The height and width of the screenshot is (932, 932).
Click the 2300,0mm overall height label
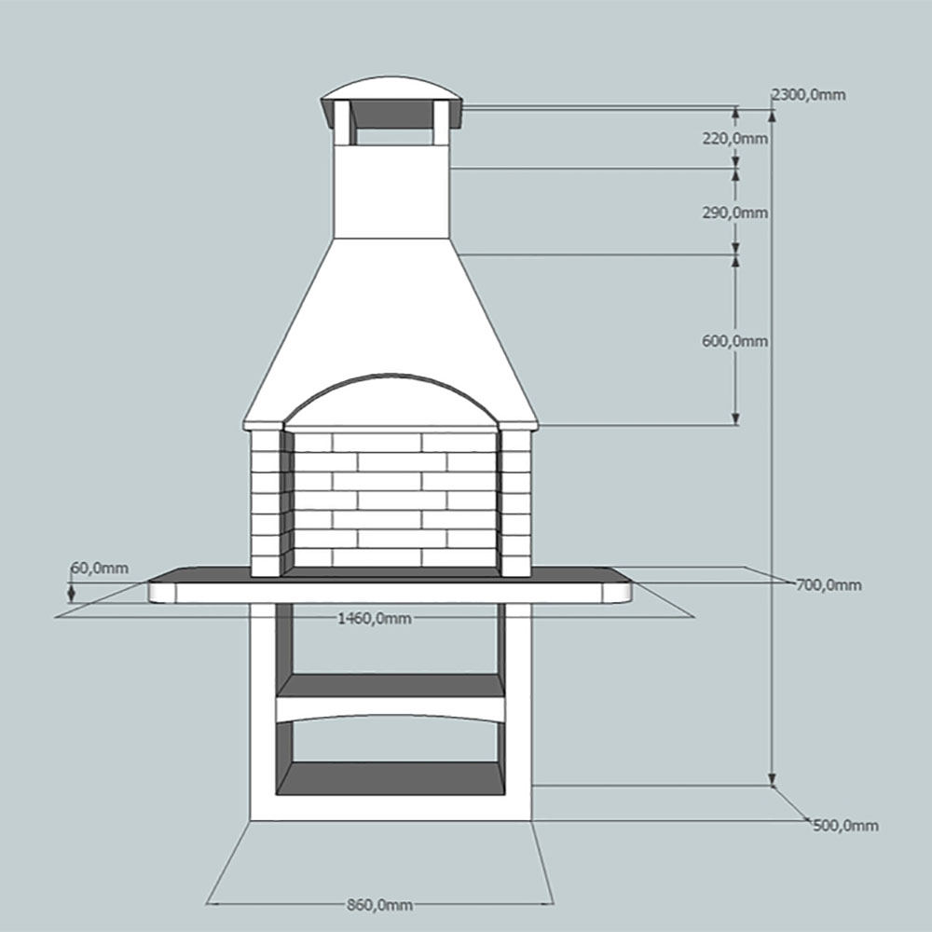point(808,94)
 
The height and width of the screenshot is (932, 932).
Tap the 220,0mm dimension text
point(734,139)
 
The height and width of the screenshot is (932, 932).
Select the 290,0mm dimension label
point(734,212)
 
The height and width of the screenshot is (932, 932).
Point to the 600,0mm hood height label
point(734,341)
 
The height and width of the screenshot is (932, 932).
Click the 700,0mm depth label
point(829,585)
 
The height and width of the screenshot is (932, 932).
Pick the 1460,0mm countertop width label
point(375,619)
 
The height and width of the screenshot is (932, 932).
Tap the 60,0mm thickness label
point(100,569)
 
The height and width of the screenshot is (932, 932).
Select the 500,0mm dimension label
point(845,826)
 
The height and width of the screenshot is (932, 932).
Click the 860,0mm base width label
point(380,905)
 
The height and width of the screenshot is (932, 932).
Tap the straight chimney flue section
point(391,191)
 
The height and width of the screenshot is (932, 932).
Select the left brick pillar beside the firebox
point(266,503)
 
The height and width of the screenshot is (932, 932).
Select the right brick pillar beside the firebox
point(516,503)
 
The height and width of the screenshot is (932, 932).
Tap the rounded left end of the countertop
point(162,593)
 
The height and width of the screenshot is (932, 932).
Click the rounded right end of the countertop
point(617,593)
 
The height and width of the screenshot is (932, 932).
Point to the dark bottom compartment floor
point(391,778)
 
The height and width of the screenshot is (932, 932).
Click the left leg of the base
point(263,711)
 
